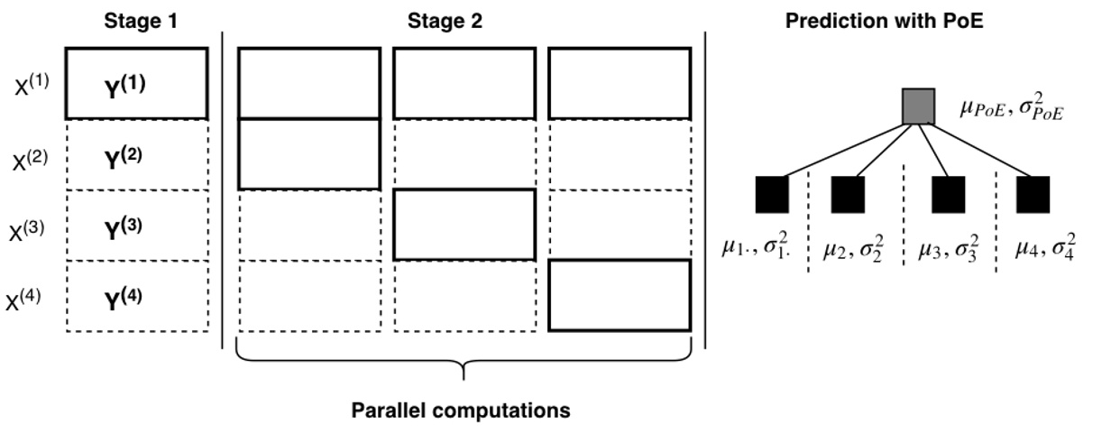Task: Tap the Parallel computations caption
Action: (460, 411)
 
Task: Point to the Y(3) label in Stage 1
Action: (125, 226)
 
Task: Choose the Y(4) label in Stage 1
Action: (125, 297)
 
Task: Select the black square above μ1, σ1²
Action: (771, 195)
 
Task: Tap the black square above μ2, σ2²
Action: (848, 195)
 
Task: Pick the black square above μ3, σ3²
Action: (949, 195)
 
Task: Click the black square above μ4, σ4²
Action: (1033, 195)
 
